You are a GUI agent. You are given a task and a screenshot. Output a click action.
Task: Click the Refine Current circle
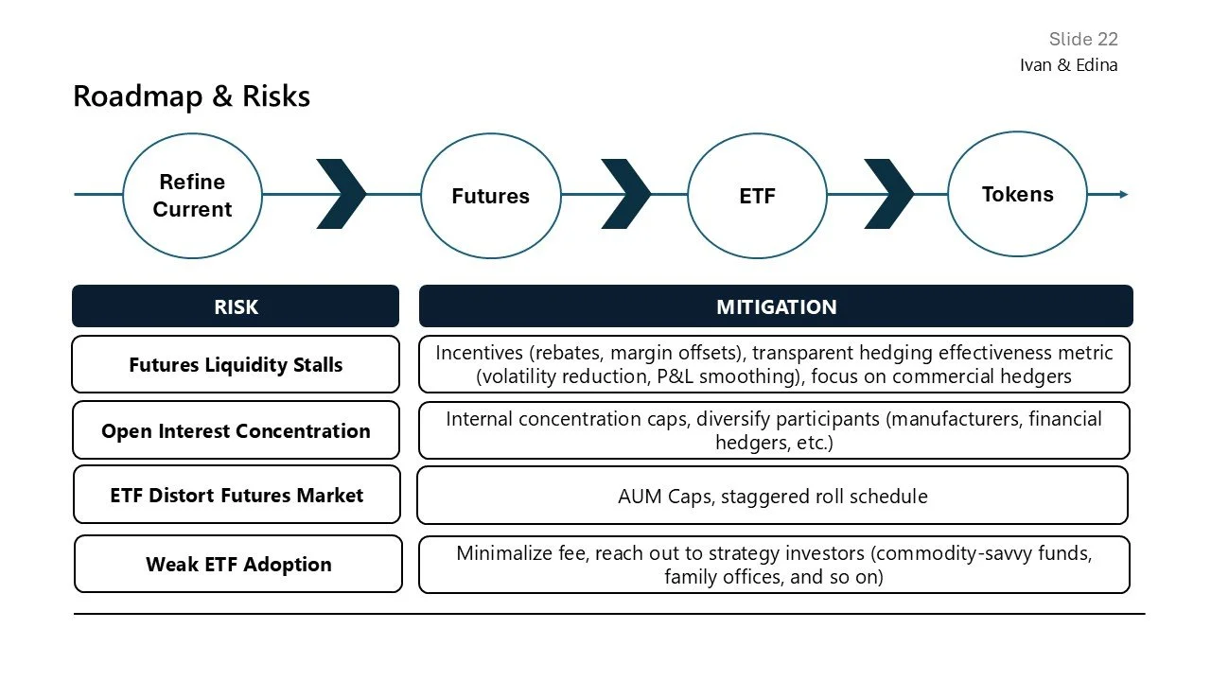[x=192, y=195]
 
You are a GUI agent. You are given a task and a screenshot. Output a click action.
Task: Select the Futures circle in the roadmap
[x=490, y=196]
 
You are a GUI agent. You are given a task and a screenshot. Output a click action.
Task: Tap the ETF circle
[x=757, y=196]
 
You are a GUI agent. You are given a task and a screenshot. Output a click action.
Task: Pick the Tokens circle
[x=1017, y=195]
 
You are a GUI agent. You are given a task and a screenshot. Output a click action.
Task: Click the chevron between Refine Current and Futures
[x=341, y=194]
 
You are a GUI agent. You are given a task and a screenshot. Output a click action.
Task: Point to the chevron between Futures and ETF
[x=625, y=194]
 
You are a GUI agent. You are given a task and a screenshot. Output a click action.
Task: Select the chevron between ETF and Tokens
[x=888, y=194]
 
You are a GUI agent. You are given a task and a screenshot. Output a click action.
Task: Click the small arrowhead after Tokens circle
[x=1123, y=194]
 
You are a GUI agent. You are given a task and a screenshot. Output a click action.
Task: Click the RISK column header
[x=236, y=306]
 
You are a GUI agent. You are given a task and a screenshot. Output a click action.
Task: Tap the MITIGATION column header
[x=776, y=306]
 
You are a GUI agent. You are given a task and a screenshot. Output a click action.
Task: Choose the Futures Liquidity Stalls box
[x=236, y=364]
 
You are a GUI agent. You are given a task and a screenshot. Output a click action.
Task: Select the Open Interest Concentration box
[x=236, y=430]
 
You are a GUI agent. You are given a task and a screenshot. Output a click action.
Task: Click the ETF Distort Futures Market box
[x=237, y=495]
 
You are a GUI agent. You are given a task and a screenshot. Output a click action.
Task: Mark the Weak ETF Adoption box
[x=238, y=565]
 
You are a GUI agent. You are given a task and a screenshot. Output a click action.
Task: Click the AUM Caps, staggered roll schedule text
[x=772, y=496]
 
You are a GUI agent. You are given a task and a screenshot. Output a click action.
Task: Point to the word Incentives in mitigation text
[x=478, y=353]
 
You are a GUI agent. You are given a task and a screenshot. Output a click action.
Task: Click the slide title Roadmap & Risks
[x=191, y=96]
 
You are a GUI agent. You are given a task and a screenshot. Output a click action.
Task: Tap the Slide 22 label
[x=1083, y=39]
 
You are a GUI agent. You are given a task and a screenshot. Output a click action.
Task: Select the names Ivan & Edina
[x=1068, y=65]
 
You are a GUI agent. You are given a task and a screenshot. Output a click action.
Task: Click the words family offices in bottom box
[x=723, y=577]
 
